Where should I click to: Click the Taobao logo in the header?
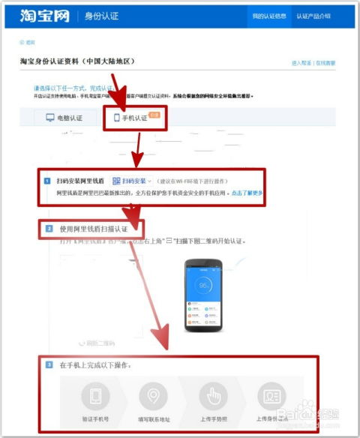pos(45,16)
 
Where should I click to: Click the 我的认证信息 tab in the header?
pos(268,16)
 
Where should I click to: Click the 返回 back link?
pos(29,43)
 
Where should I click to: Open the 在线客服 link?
pos(325,64)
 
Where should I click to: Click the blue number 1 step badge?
pos(46,181)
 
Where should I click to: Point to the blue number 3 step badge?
pos(49,365)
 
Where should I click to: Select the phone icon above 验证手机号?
pos(95,395)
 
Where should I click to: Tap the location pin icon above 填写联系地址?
pos(154,395)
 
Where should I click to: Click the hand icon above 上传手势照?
pos(212,395)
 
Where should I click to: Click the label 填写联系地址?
pos(154,419)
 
